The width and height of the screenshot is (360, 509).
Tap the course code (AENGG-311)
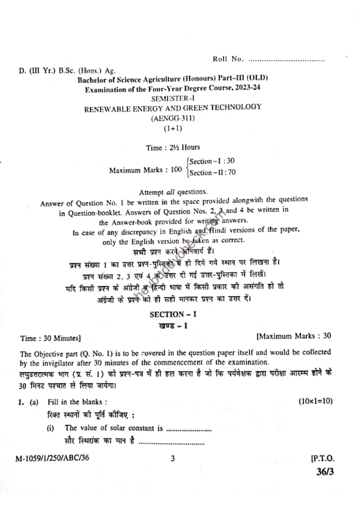[173, 118]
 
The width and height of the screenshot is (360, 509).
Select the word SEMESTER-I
[173, 98]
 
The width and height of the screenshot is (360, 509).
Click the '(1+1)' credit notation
[173, 128]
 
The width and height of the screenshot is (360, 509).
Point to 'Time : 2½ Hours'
[173, 148]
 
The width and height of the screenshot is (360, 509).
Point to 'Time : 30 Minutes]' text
[50, 339]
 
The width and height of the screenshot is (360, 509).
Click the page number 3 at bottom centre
[173, 459]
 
